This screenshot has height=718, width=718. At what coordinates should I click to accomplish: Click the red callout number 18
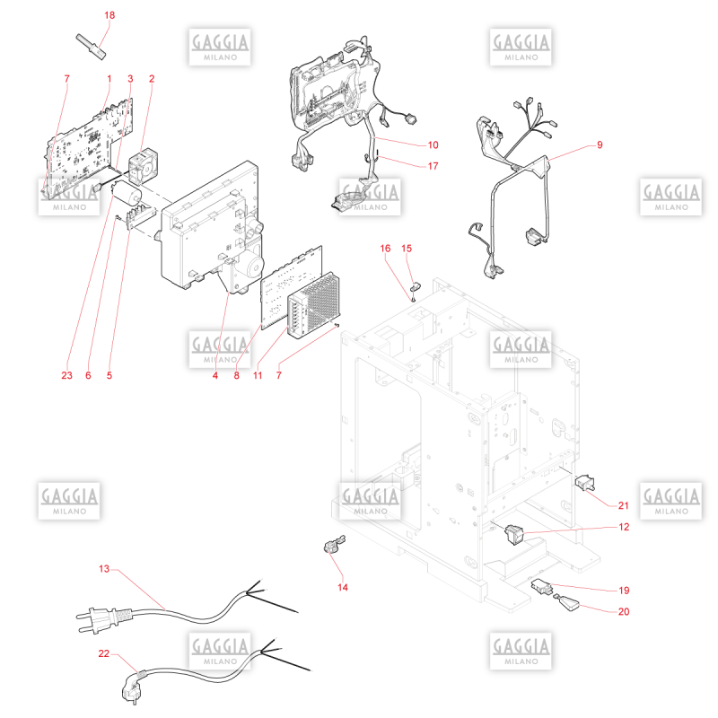(x=109, y=15)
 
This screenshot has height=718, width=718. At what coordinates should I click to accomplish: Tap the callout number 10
(x=433, y=145)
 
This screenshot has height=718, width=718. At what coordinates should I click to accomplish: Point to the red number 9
(x=600, y=144)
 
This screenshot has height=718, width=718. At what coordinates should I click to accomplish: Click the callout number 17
(x=433, y=166)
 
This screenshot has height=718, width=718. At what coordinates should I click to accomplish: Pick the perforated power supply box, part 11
(x=313, y=305)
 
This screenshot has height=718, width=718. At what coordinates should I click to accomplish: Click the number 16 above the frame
(x=385, y=249)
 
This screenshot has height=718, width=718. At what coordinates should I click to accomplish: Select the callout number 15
(x=407, y=249)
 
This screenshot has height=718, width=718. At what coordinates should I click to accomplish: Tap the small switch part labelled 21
(x=585, y=483)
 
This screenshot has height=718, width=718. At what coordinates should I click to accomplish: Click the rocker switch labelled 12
(x=513, y=533)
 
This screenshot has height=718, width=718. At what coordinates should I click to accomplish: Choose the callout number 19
(x=624, y=591)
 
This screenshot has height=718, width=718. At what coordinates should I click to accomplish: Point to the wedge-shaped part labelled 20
(x=568, y=602)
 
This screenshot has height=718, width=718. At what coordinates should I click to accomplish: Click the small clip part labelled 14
(x=334, y=544)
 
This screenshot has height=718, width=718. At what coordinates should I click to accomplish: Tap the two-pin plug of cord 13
(x=103, y=619)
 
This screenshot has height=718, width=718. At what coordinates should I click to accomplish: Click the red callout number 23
(x=66, y=375)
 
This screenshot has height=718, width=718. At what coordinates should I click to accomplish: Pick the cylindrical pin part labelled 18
(x=91, y=47)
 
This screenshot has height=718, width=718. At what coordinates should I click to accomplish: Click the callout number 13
(x=104, y=569)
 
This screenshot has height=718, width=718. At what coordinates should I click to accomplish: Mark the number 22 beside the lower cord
(x=104, y=653)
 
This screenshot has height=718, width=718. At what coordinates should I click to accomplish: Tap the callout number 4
(x=215, y=375)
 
